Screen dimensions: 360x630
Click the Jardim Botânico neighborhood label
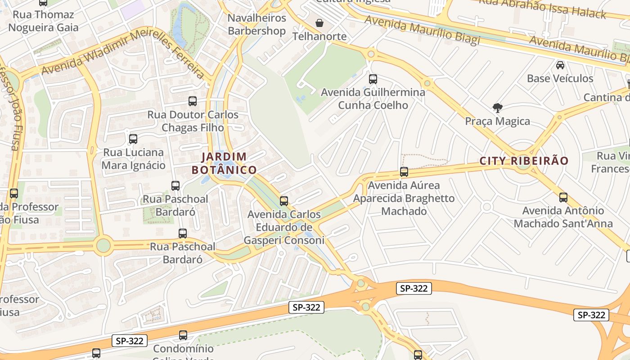pyautogui.click(x=224, y=163)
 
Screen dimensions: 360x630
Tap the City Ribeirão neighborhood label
pyautogui.click(x=524, y=161)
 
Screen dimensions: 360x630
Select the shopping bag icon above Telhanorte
pyautogui.click(x=319, y=23)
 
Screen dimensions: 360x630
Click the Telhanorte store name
pyautogui.click(x=319, y=36)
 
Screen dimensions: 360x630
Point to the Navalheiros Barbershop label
pyautogui.click(x=256, y=24)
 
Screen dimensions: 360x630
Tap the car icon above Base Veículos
pyautogui.click(x=560, y=65)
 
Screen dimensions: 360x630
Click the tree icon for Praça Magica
pyautogui.click(x=497, y=108)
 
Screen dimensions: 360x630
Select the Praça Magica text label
pyautogui.click(x=497, y=121)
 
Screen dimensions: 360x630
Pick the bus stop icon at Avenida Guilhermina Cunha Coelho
pyautogui.click(x=373, y=79)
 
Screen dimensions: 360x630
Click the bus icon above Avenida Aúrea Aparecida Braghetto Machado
pyautogui.click(x=404, y=171)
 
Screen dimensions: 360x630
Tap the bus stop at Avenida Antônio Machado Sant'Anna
pyautogui.click(x=563, y=197)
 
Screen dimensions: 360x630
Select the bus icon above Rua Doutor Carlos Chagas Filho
pyautogui.click(x=193, y=101)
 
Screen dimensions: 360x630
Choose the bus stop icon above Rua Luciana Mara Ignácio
pyautogui.click(x=133, y=139)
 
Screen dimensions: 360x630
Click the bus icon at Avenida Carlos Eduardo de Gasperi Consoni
pyautogui.click(x=283, y=201)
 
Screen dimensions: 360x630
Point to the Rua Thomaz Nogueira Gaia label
pyautogui.click(x=43, y=21)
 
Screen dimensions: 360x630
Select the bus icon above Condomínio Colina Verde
pyautogui.click(x=183, y=335)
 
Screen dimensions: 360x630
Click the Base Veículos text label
pyautogui.click(x=560, y=78)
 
